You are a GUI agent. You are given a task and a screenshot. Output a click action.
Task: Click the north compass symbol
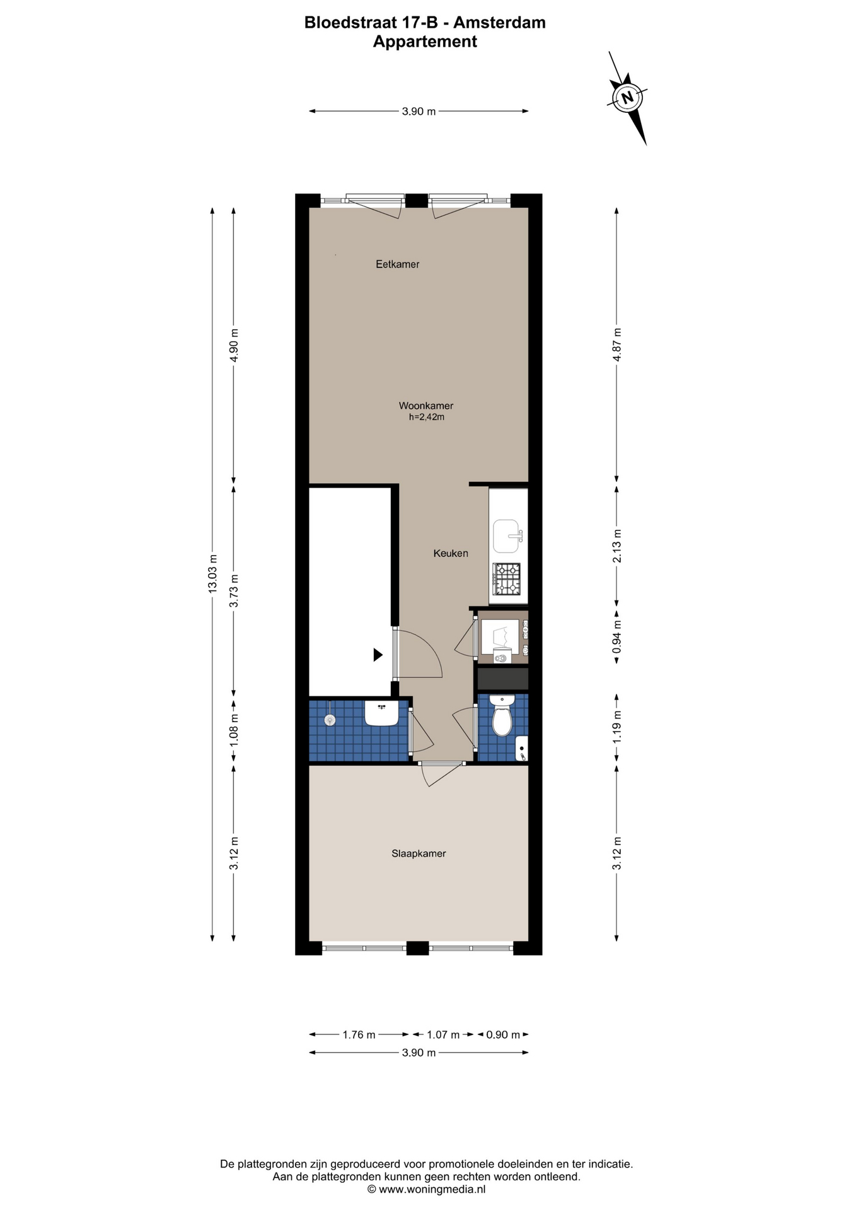[628, 98]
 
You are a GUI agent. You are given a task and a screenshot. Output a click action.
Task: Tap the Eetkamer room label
[398, 264]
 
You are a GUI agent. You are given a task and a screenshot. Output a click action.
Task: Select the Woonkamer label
[426, 406]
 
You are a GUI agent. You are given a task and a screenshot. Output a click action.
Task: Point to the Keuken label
[451, 553]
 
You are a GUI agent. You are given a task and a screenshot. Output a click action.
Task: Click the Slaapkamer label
[419, 853]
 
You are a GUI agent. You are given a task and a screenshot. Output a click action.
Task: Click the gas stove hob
[507, 579]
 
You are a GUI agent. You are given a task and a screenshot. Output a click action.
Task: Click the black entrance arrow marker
[378, 655]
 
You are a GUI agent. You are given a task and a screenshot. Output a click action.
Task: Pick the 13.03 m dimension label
[213, 573]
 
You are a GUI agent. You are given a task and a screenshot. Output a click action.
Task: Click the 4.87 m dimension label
[617, 344]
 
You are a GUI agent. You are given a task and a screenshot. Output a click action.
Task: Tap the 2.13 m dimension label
[617, 546]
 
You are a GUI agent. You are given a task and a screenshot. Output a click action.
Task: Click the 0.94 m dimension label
[617, 636]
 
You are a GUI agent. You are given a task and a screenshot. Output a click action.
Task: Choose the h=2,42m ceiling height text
[427, 417]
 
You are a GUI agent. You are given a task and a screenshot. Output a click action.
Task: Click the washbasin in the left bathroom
[381, 713]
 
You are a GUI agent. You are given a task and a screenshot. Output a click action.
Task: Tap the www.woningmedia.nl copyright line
[427, 1189]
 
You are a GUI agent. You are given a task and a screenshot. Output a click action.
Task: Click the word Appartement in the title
[425, 42]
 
